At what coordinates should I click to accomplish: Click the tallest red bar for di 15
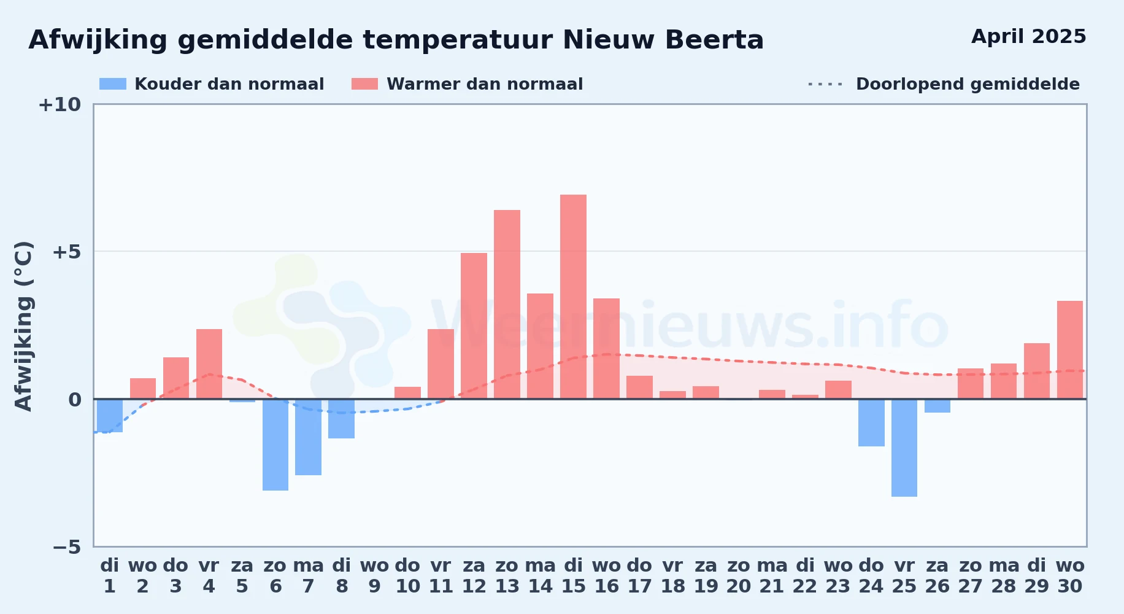pos(573,297)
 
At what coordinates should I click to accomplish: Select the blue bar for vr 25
pos(904,448)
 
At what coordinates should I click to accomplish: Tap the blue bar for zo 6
pos(275,445)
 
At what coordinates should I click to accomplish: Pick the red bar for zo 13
pos(507,305)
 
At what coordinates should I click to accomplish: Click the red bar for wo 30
pos(1070,350)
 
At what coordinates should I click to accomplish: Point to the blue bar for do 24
pos(871,422)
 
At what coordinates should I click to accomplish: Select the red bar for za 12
pos(474,326)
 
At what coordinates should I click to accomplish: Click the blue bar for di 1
pos(110,416)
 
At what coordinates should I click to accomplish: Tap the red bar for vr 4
pos(209,364)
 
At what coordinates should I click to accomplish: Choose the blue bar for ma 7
pos(308,437)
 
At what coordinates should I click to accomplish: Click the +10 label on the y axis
pos(60,104)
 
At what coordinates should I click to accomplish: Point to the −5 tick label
pos(66,546)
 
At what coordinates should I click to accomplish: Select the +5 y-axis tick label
pos(66,252)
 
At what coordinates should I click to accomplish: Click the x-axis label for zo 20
pos(739,576)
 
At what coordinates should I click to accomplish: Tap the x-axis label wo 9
pos(374,576)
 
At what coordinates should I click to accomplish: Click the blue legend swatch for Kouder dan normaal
pos(113,84)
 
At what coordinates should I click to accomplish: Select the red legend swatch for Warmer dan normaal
pos(364,84)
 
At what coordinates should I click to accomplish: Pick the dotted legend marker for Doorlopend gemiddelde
pos(825,84)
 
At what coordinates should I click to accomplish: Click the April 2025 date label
pos(1029,36)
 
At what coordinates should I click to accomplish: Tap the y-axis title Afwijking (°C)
pos(23,326)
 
